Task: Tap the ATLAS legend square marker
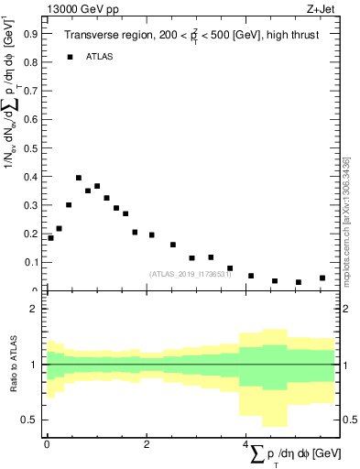[x=70, y=57]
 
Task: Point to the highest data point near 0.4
[x=79, y=178]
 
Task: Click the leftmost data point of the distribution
[x=50, y=238]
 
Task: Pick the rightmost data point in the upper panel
[x=322, y=278]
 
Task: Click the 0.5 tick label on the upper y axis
[x=31, y=147]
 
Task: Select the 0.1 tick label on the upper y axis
[x=31, y=262]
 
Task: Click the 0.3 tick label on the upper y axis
[x=31, y=205]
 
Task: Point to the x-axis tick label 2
[x=147, y=443]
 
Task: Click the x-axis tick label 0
[x=47, y=443]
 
